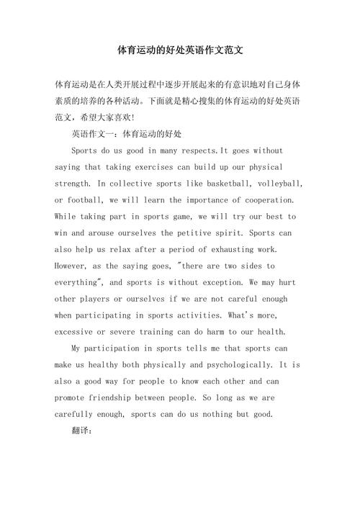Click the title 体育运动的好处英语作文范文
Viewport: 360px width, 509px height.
pos(180,52)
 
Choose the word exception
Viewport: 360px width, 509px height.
pos(235,281)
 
